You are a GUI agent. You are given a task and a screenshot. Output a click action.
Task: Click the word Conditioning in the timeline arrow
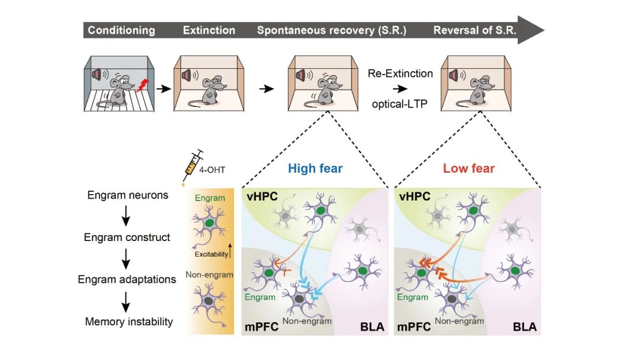tap(121, 30)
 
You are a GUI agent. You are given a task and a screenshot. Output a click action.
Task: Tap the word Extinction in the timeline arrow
tap(209, 30)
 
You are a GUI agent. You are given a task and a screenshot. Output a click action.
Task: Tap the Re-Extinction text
tap(400, 73)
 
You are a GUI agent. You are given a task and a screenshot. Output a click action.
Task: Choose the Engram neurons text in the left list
tap(128, 195)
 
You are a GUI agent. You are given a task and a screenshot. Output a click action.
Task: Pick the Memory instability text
tap(129, 322)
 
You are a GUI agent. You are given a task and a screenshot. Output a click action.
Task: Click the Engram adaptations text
tap(127, 280)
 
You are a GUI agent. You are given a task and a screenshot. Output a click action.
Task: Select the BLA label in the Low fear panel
tap(525, 327)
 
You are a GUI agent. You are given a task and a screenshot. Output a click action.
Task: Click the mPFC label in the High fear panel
tap(262, 327)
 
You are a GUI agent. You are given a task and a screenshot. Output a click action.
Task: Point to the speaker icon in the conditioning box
tap(97, 75)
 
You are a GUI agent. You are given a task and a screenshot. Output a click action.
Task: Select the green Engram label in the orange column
tap(210, 198)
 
